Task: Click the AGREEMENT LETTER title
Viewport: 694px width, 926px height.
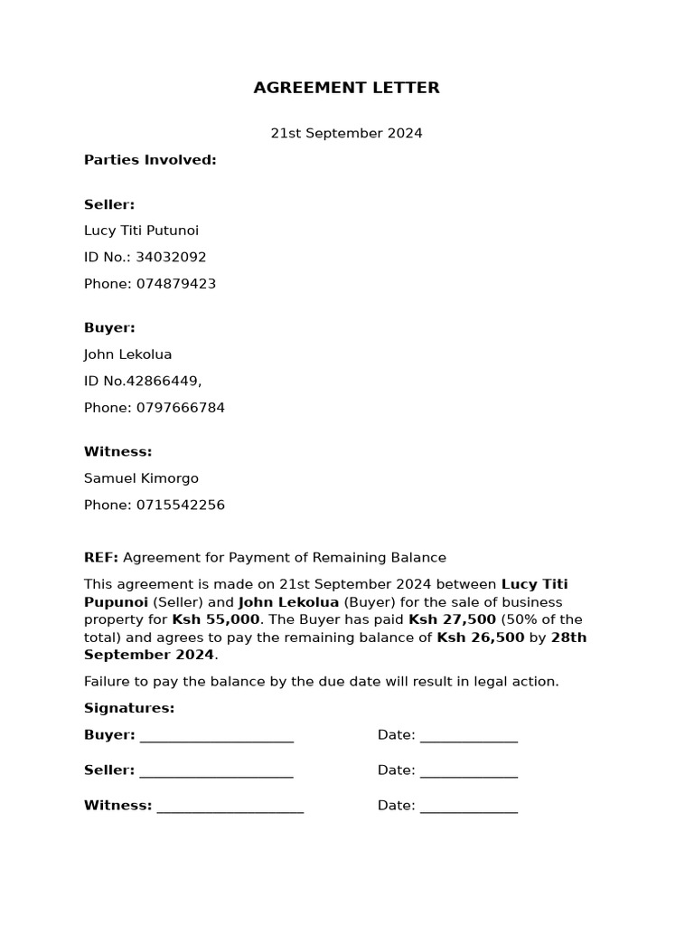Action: tap(346, 88)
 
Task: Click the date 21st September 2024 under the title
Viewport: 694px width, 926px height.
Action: tap(346, 133)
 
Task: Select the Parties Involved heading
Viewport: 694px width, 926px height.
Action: tap(150, 160)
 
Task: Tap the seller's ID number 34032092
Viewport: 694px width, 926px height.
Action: tap(171, 257)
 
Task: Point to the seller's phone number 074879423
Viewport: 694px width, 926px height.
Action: tap(176, 284)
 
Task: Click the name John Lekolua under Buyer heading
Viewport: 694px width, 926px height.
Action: tap(127, 354)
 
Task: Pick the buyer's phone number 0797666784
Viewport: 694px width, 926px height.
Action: tap(181, 408)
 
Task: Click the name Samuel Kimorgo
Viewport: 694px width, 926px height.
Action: tap(141, 478)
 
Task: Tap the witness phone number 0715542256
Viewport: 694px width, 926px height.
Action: tap(181, 505)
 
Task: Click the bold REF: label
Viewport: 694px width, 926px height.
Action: tap(101, 558)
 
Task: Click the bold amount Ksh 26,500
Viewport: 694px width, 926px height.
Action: tap(480, 638)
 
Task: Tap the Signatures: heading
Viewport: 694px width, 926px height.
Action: tap(129, 708)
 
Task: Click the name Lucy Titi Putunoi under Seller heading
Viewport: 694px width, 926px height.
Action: tap(141, 231)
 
